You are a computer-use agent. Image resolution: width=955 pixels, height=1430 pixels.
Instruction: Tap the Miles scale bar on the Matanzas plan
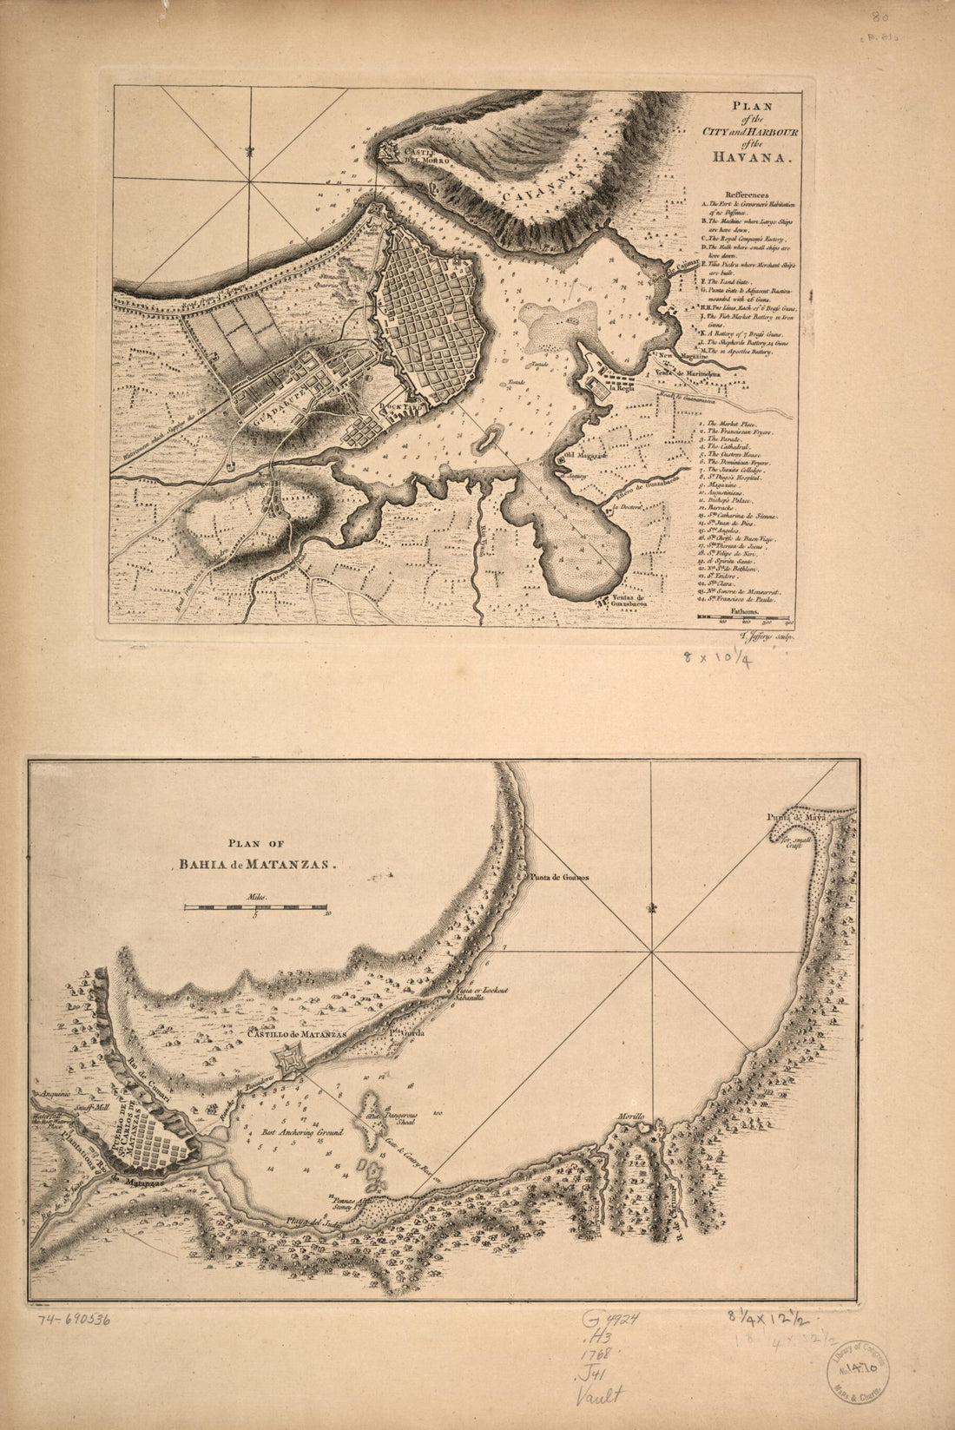coord(255,907)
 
